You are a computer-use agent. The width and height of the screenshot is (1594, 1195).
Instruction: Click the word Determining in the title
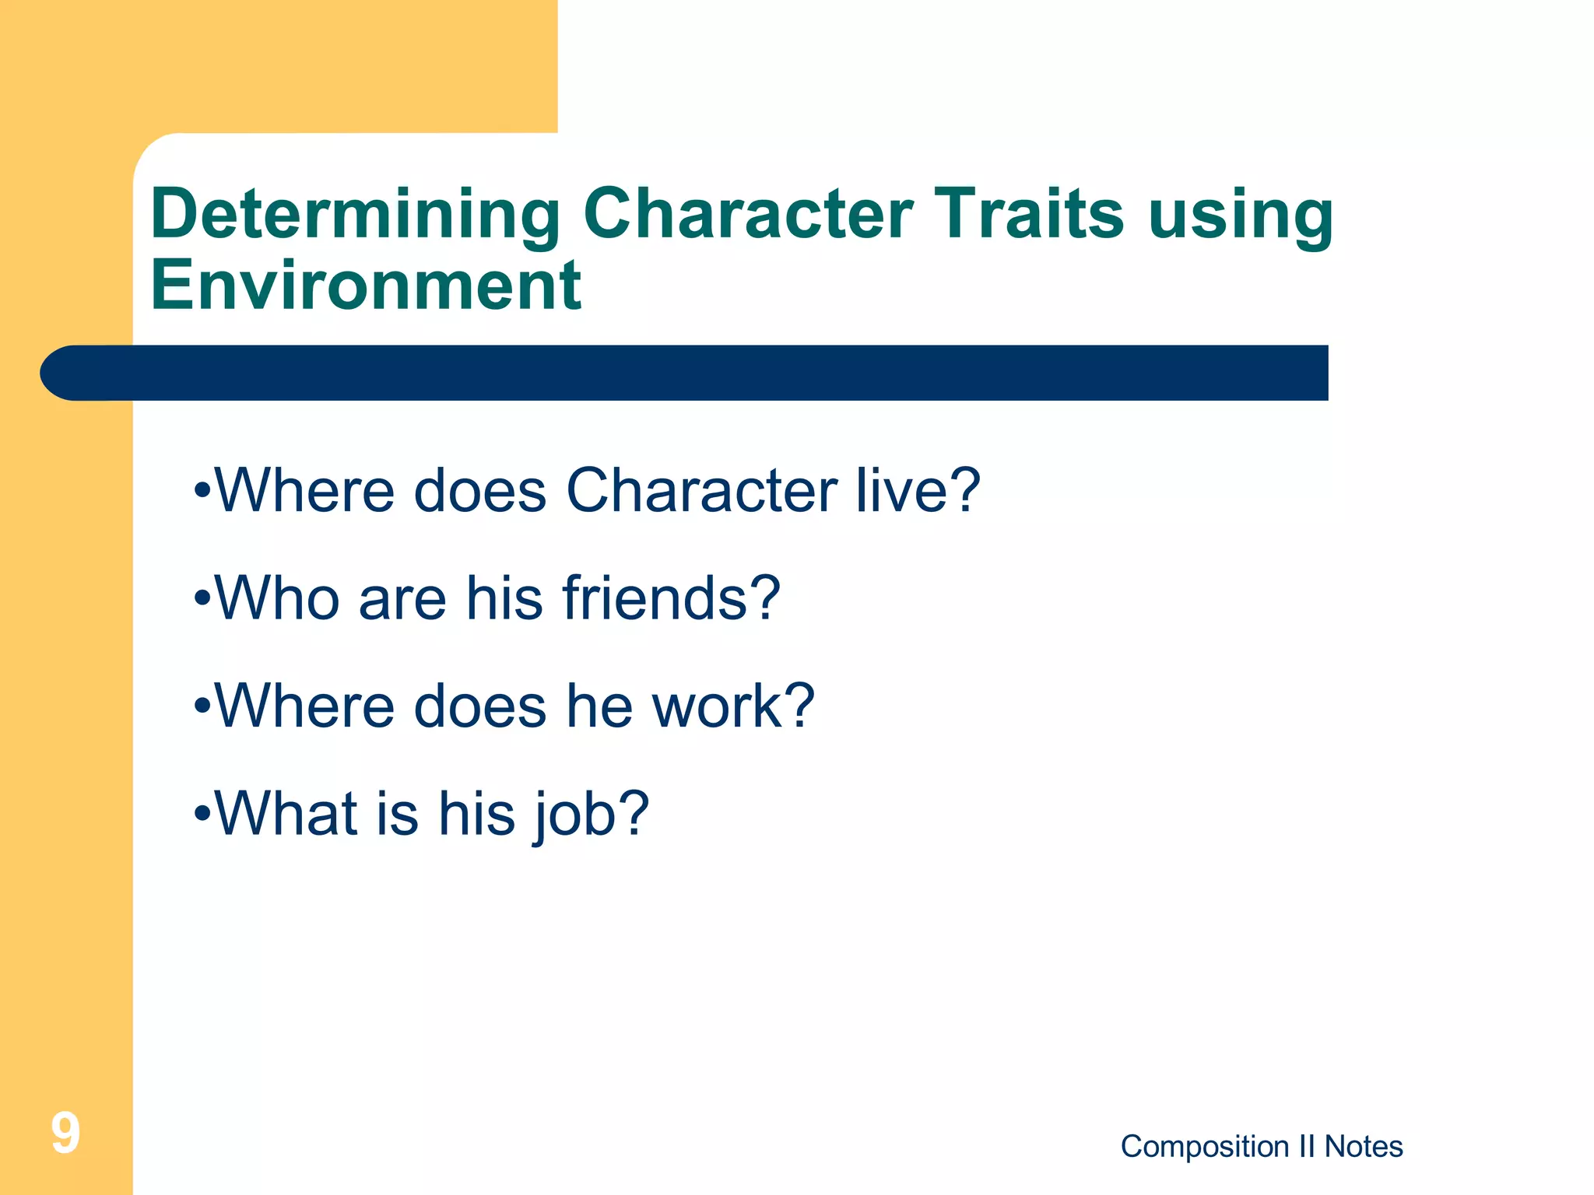click(355, 215)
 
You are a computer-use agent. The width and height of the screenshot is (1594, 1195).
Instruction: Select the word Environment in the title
click(366, 286)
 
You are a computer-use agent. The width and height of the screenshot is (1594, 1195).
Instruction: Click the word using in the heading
click(1241, 215)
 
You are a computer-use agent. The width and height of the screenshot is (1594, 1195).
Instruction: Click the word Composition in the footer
click(1204, 1147)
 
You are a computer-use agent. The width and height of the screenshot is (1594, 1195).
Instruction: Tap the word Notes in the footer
click(1364, 1147)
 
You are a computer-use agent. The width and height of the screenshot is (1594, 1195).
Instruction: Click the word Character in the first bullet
click(701, 490)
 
